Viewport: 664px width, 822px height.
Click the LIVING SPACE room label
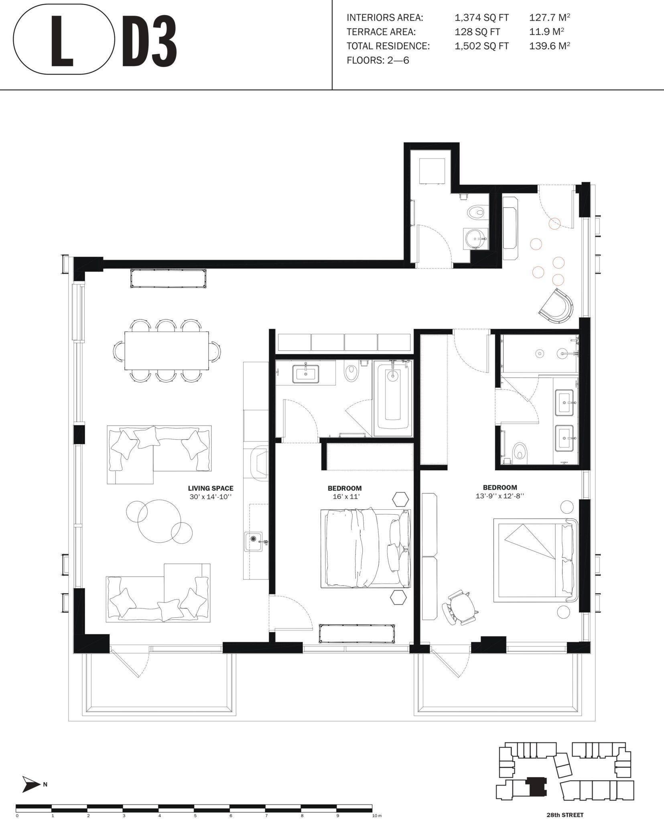(x=211, y=488)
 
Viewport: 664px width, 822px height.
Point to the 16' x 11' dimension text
(x=344, y=496)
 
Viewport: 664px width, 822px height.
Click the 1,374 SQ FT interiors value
(x=481, y=18)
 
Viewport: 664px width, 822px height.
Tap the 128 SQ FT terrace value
(x=477, y=32)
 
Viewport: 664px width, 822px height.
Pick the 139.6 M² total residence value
(x=550, y=46)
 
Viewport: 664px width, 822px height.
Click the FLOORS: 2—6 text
(x=378, y=61)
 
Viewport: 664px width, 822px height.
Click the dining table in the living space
(x=167, y=350)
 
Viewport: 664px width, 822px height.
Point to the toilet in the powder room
(x=477, y=212)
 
